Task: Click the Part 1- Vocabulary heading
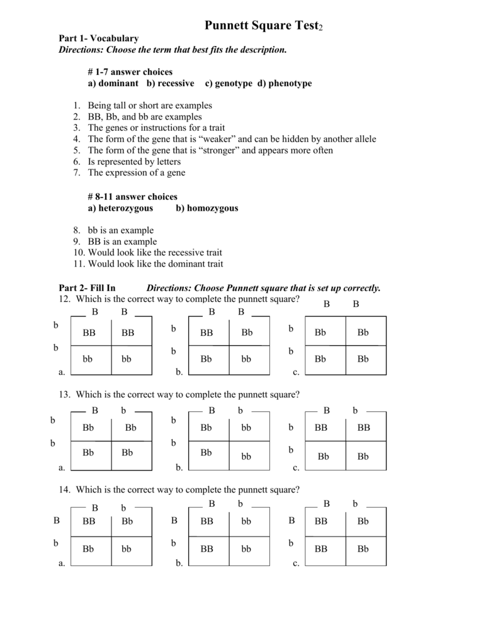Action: (x=98, y=39)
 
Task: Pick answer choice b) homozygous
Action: (x=207, y=208)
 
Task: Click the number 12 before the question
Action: (x=62, y=298)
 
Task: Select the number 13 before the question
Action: (x=62, y=394)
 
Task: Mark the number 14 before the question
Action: (x=62, y=489)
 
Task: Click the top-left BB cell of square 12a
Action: (x=89, y=333)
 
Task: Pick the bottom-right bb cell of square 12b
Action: (x=246, y=359)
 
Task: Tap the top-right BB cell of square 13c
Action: (x=363, y=428)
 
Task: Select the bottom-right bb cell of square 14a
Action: (x=127, y=549)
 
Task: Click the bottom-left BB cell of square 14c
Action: (x=321, y=549)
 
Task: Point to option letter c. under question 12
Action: (x=295, y=372)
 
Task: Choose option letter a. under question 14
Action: (x=62, y=563)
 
